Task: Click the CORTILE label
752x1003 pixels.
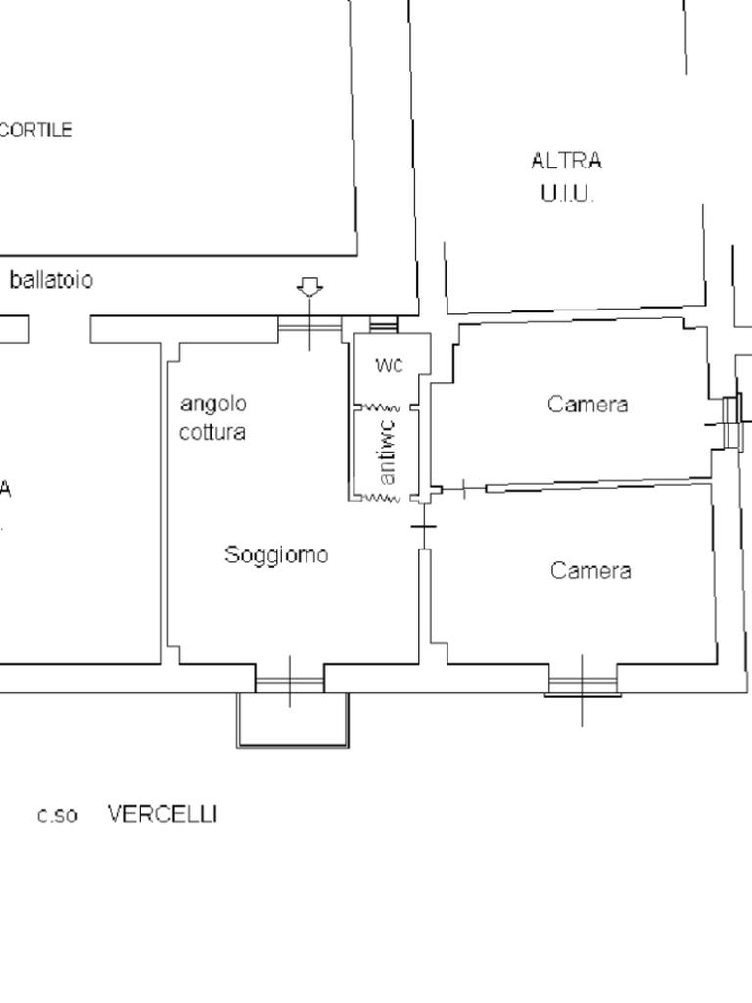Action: coord(36,130)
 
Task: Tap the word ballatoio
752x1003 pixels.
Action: coord(51,280)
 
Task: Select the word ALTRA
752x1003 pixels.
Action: coord(566,161)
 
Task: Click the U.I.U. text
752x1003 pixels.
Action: coord(566,193)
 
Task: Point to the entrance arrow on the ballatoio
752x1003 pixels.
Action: coord(310,287)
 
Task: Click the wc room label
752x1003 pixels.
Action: coord(389,365)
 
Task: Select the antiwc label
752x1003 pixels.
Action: coord(388,452)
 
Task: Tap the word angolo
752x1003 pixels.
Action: coord(212,404)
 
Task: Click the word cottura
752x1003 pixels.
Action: coord(211,432)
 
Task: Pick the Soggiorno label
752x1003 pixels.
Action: coord(276,555)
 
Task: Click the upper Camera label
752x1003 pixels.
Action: coord(587,405)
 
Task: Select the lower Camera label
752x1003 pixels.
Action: coord(589,571)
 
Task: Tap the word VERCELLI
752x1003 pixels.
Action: coord(163,814)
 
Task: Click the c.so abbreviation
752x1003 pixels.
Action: coord(58,815)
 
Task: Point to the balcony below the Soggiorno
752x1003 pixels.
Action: coord(292,720)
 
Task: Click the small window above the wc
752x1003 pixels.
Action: coord(383,323)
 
